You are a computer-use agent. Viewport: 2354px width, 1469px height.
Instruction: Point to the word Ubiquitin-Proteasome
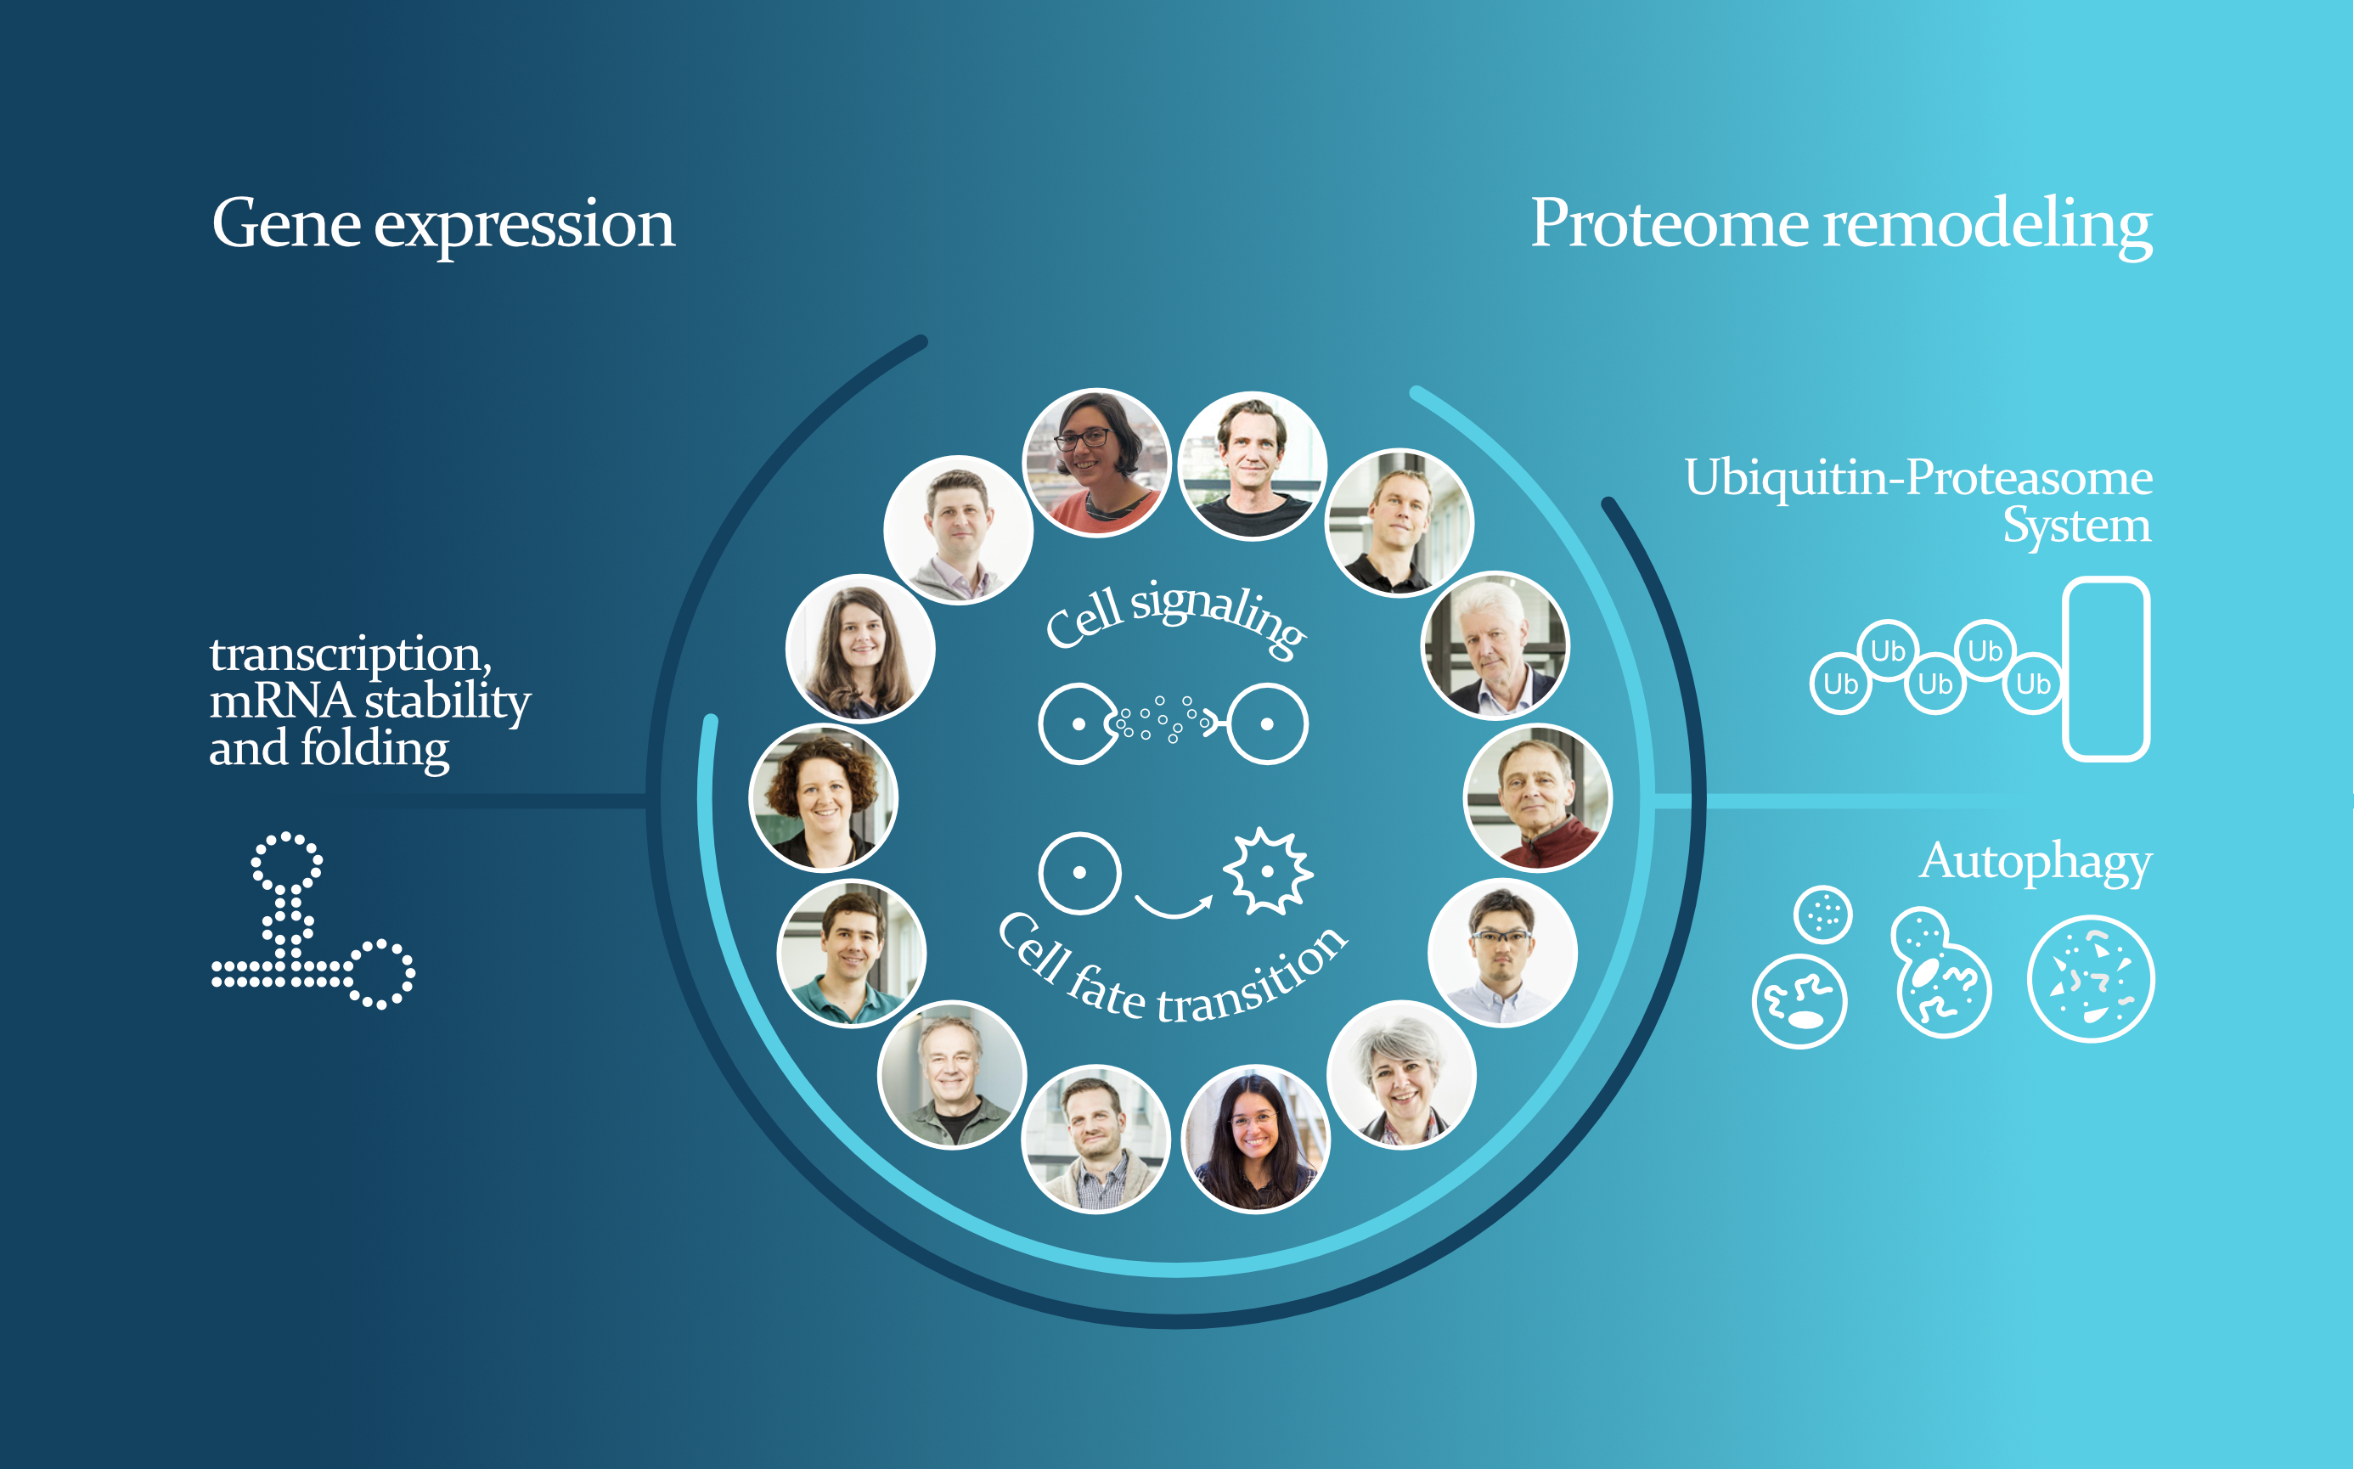1918,477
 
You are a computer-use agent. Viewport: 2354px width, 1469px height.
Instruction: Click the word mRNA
281,701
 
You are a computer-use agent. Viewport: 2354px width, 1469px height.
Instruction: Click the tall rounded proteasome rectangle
2106,668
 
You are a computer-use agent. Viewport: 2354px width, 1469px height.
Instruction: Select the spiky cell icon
1267,871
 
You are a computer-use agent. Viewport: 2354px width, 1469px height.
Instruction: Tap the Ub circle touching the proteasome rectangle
2032,684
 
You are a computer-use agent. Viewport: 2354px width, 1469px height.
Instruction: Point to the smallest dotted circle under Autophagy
1822,915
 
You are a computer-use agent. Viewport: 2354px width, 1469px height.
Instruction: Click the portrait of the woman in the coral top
1097,463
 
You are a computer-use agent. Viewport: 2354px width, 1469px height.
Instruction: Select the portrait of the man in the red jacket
1537,797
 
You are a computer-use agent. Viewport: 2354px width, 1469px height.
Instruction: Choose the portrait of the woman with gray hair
1401,1074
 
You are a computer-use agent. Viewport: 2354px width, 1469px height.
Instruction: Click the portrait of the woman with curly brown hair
823,797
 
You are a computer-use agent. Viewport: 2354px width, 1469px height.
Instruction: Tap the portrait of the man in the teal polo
851,953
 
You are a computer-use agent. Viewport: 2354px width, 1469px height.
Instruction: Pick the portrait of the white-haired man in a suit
1495,646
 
